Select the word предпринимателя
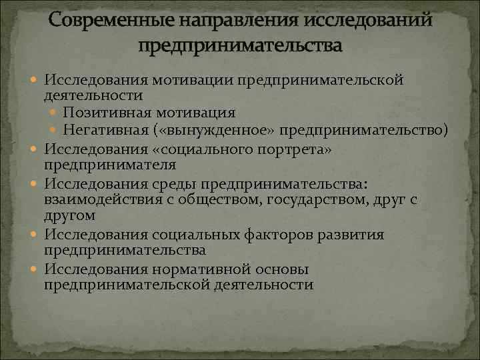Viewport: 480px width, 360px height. coord(110,164)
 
